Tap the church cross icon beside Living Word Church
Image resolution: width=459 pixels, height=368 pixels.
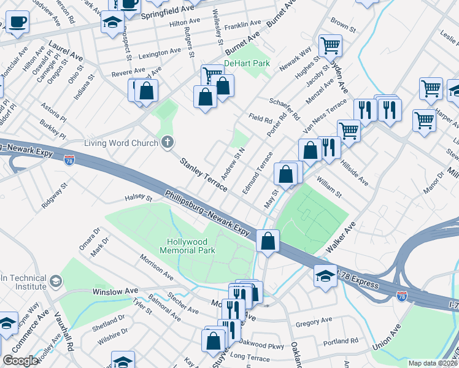[166, 143]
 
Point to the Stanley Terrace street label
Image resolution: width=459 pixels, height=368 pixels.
[203, 174]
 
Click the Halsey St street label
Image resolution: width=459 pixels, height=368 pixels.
[138, 197]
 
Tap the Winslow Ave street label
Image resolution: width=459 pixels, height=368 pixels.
[115, 291]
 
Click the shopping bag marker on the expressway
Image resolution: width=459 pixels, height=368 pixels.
[268, 240]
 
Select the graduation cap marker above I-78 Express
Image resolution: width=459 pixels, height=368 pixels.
[325, 276]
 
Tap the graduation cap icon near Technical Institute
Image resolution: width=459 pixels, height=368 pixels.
[56, 282]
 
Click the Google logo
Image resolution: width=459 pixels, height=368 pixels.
[20, 361]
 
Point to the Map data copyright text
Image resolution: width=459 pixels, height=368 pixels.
[433, 363]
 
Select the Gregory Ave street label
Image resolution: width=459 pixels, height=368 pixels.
[313, 321]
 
